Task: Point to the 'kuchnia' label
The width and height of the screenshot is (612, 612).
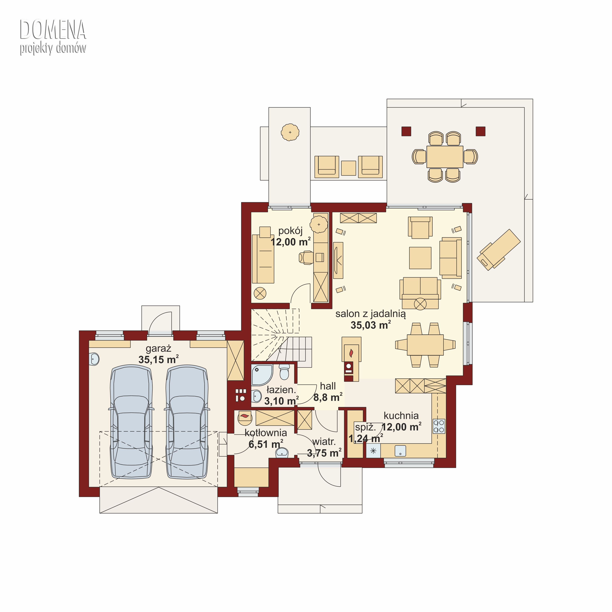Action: tap(401, 415)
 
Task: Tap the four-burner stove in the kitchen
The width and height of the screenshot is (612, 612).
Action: tap(439, 426)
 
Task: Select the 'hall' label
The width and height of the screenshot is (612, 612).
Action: tap(328, 386)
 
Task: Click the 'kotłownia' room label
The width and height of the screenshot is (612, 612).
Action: tap(266, 433)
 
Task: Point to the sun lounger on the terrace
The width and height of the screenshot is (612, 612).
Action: tap(499, 250)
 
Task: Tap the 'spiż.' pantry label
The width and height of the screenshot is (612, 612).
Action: tap(365, 427)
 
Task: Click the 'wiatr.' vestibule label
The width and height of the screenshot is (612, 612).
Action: tap(324, 442)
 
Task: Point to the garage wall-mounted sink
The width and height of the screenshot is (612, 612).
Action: tap(94, 359)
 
